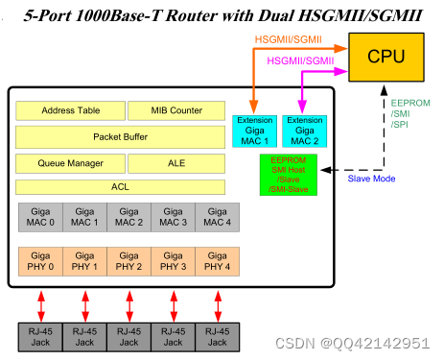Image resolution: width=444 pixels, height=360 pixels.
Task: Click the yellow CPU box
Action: tap(387, 56)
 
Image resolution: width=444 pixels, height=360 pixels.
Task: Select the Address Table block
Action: tap(71, 110)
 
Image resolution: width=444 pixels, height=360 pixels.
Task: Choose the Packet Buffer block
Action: tap(122, 136)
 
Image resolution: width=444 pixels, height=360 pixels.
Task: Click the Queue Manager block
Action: tap(71, 163)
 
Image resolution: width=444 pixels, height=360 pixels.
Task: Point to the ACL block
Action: tap(122, 186)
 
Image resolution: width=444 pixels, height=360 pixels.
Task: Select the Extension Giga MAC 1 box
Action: tap(253, 132)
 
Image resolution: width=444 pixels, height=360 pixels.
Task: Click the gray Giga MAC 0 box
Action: tap(40, 217)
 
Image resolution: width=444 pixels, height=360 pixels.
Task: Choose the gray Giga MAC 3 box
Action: tap(174, 217)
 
